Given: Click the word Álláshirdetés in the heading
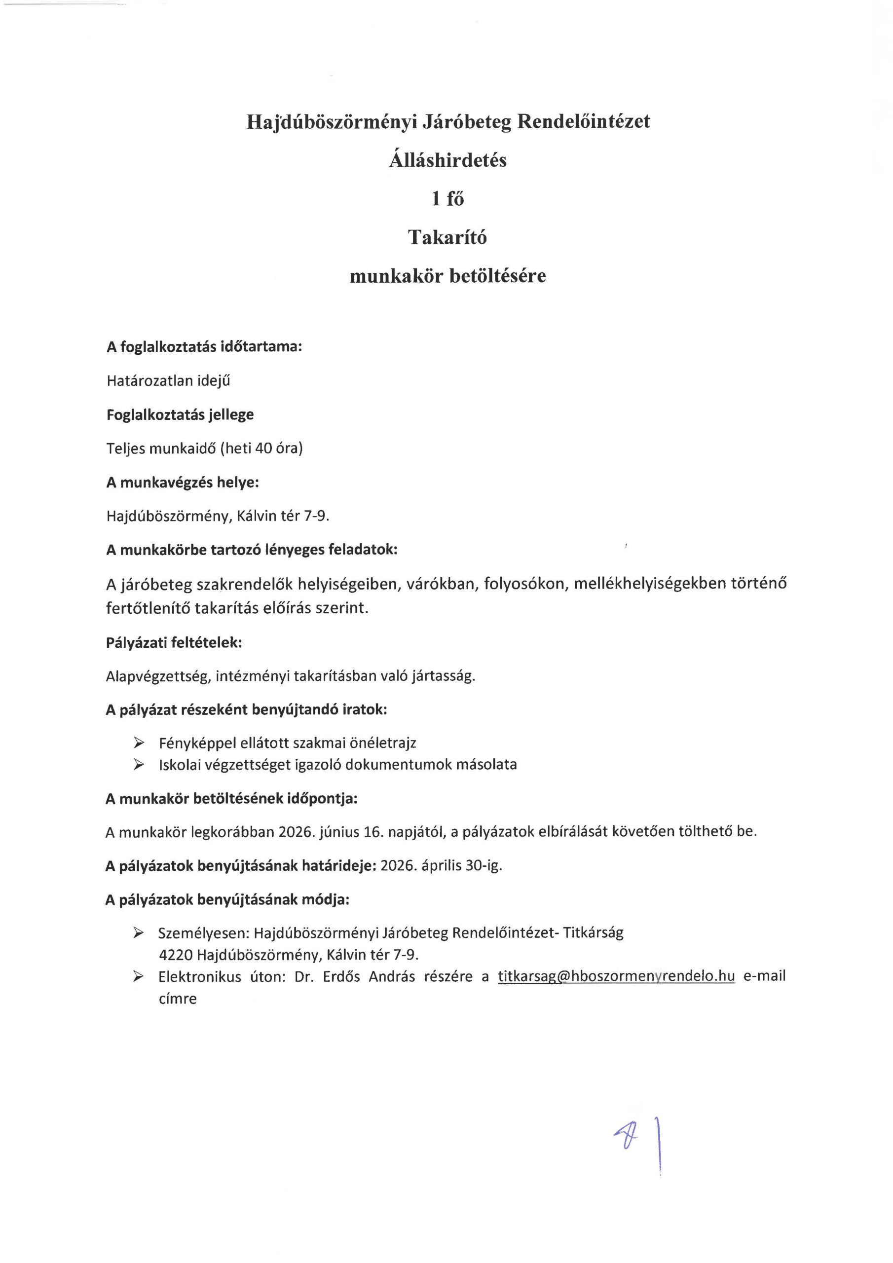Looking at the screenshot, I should (447, 160).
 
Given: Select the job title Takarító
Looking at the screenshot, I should (447, 237).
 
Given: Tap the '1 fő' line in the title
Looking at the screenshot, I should (447, 199).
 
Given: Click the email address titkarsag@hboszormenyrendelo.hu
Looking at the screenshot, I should (616, 976).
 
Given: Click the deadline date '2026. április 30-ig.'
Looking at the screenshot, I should (441, 866).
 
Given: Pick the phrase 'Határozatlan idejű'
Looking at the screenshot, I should (168, 381).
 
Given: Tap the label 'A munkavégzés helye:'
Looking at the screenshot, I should (183, 483).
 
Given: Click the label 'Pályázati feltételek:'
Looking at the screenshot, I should (174, 642).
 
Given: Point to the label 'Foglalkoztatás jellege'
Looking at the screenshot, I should (180, 414).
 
